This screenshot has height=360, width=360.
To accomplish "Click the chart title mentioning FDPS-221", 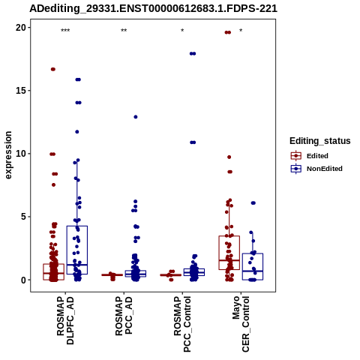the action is [x=153, y=9].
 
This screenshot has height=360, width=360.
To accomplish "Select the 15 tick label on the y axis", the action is [x=21, y=91].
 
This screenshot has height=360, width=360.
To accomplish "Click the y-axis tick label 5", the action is [x=24, y=217].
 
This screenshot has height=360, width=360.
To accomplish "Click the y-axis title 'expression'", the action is [x=8, y=155].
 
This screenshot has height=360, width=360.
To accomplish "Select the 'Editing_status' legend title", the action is [x=319, y=141].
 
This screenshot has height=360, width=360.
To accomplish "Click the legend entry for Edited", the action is [x=310, y=156].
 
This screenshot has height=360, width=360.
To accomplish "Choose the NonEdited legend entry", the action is [x=316, y=169].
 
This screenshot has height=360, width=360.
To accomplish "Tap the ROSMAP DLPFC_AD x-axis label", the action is [x=65, y=320].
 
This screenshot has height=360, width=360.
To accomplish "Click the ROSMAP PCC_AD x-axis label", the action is [x=124, y=316].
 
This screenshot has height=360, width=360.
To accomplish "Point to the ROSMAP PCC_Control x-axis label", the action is [x=182, y=324].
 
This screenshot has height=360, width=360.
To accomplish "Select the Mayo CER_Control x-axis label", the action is [x=241, y=324].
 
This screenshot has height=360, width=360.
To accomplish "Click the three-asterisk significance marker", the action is [x=65, y=31].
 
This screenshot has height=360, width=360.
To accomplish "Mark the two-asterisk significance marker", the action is [x=124, y=31].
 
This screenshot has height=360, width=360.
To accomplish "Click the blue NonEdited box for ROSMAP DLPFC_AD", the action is [x=77, y=250].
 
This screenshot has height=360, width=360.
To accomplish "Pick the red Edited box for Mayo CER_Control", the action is [x=229, y=253].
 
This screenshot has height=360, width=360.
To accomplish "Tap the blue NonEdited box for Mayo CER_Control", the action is [x=253, y=266].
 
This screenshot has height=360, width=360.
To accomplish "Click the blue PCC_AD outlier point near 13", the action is [x=136, y=117].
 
